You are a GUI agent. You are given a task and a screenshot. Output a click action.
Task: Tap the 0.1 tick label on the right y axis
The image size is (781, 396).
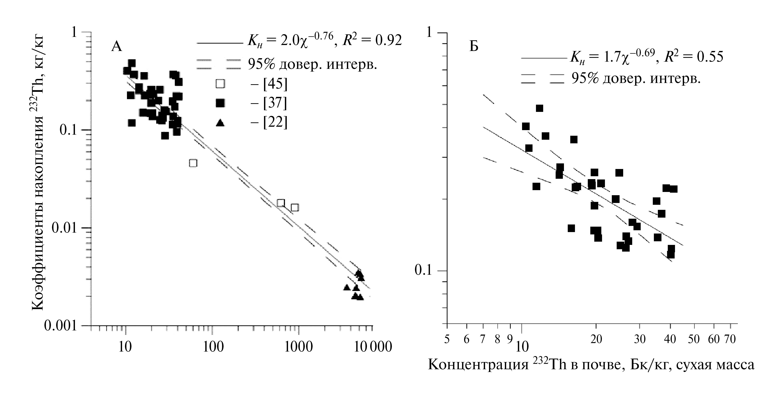coord(423,270)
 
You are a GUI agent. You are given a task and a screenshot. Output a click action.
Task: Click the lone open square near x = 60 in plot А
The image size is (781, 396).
coord(193,163)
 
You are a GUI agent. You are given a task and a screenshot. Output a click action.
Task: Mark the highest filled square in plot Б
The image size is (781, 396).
coord(539,108)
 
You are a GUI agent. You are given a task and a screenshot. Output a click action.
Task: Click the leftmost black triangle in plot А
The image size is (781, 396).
coord(347,287)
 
